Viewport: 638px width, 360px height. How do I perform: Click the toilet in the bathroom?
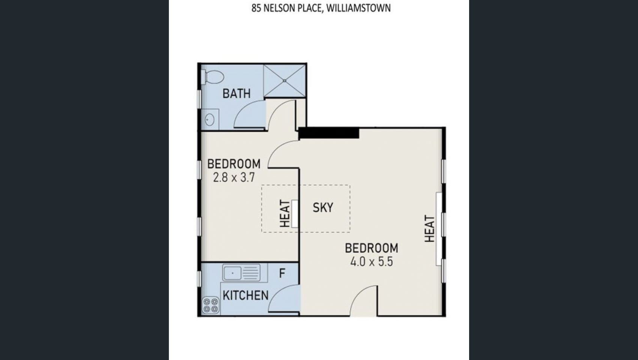coord(212,77)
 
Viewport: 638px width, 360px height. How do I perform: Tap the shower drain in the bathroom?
coord(284,81)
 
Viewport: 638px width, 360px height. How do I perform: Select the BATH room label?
coord(236,94)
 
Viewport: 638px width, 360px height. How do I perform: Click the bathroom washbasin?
coord(210,120)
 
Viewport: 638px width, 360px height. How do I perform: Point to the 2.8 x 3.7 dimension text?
coord(234,178)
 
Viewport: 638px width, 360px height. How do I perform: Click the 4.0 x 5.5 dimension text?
coord(372,262)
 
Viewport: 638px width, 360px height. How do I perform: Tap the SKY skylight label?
coord(323,207)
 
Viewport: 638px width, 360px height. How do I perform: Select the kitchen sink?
coord(241,272)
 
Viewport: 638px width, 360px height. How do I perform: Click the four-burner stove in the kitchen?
coord(211,305)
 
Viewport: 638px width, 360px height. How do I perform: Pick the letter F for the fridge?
coord(282,273)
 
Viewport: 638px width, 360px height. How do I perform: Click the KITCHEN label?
coord(245,295)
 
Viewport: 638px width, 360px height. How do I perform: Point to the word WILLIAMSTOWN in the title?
coord(358,8)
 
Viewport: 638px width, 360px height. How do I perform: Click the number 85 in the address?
coord(256,8)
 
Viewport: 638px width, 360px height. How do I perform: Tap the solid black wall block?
coord(329,133)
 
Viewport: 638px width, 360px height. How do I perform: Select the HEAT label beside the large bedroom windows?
coord(430,228)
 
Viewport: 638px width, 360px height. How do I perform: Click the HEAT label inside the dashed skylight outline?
coord(285,213)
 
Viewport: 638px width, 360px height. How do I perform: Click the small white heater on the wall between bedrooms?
coord(295,214)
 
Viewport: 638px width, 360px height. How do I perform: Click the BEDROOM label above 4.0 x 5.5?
coord(372,248)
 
